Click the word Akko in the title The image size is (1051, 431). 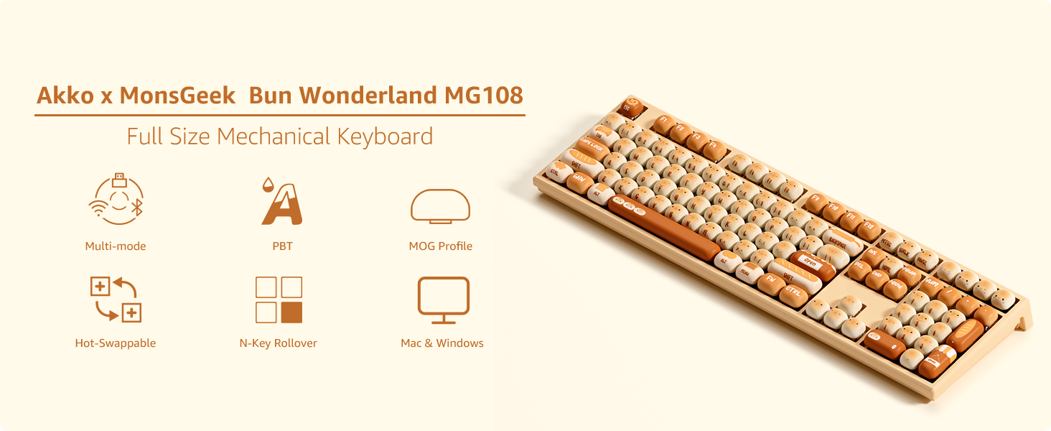65,95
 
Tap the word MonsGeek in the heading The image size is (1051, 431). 177,95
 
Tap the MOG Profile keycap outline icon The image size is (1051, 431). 440,206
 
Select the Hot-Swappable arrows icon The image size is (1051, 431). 116,298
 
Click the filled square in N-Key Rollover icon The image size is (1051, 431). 291,312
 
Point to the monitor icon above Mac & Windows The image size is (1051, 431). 443,300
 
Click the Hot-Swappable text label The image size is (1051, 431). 116,343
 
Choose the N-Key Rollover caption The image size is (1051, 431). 278,343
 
